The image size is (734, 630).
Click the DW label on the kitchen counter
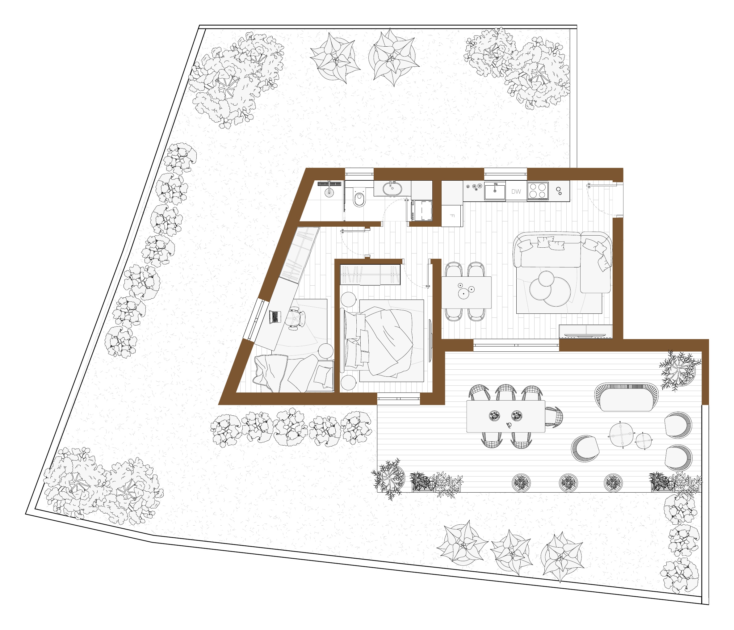tap(516, 192)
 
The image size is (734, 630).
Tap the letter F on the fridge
tap(452, 216)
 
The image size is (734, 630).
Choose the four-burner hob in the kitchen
tap(538, 191)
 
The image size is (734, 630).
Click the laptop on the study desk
tap(275, 317)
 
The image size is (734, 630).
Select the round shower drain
tap(329, 193)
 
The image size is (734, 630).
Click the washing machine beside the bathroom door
tap(422, 211)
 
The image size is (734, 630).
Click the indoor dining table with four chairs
tap(466, 292)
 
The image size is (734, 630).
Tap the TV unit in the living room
tap(585, 331)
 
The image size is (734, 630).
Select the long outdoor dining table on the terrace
tap(505, 416)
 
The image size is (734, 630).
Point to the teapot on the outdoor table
tap(509, 425)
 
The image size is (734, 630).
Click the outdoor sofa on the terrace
tap(626, 397)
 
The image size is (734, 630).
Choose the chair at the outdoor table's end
tap(554, 417)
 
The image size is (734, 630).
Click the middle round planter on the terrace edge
tap(568, 483)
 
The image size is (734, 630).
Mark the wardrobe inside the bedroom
tap(370, 275)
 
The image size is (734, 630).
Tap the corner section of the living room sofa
tap(596, 262)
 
